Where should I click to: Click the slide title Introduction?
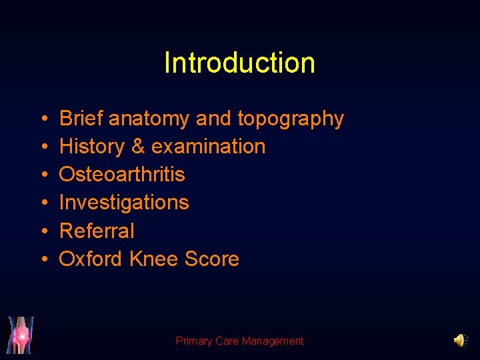(x=239, y=63)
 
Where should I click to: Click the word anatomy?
(x=149, y=119)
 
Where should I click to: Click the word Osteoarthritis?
(x=122, y=175)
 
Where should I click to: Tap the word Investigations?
(x=124, y=203)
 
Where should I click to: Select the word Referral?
(x=97, y=231)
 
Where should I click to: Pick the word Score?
(x=211, y=259)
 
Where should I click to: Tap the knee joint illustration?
(x=21, y=335)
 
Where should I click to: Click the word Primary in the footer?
(x=194, y=341)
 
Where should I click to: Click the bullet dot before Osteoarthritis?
(x=43, y=175)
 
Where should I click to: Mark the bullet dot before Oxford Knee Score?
(x=43, y=259)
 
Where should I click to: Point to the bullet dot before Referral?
(x=43, y=231)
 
